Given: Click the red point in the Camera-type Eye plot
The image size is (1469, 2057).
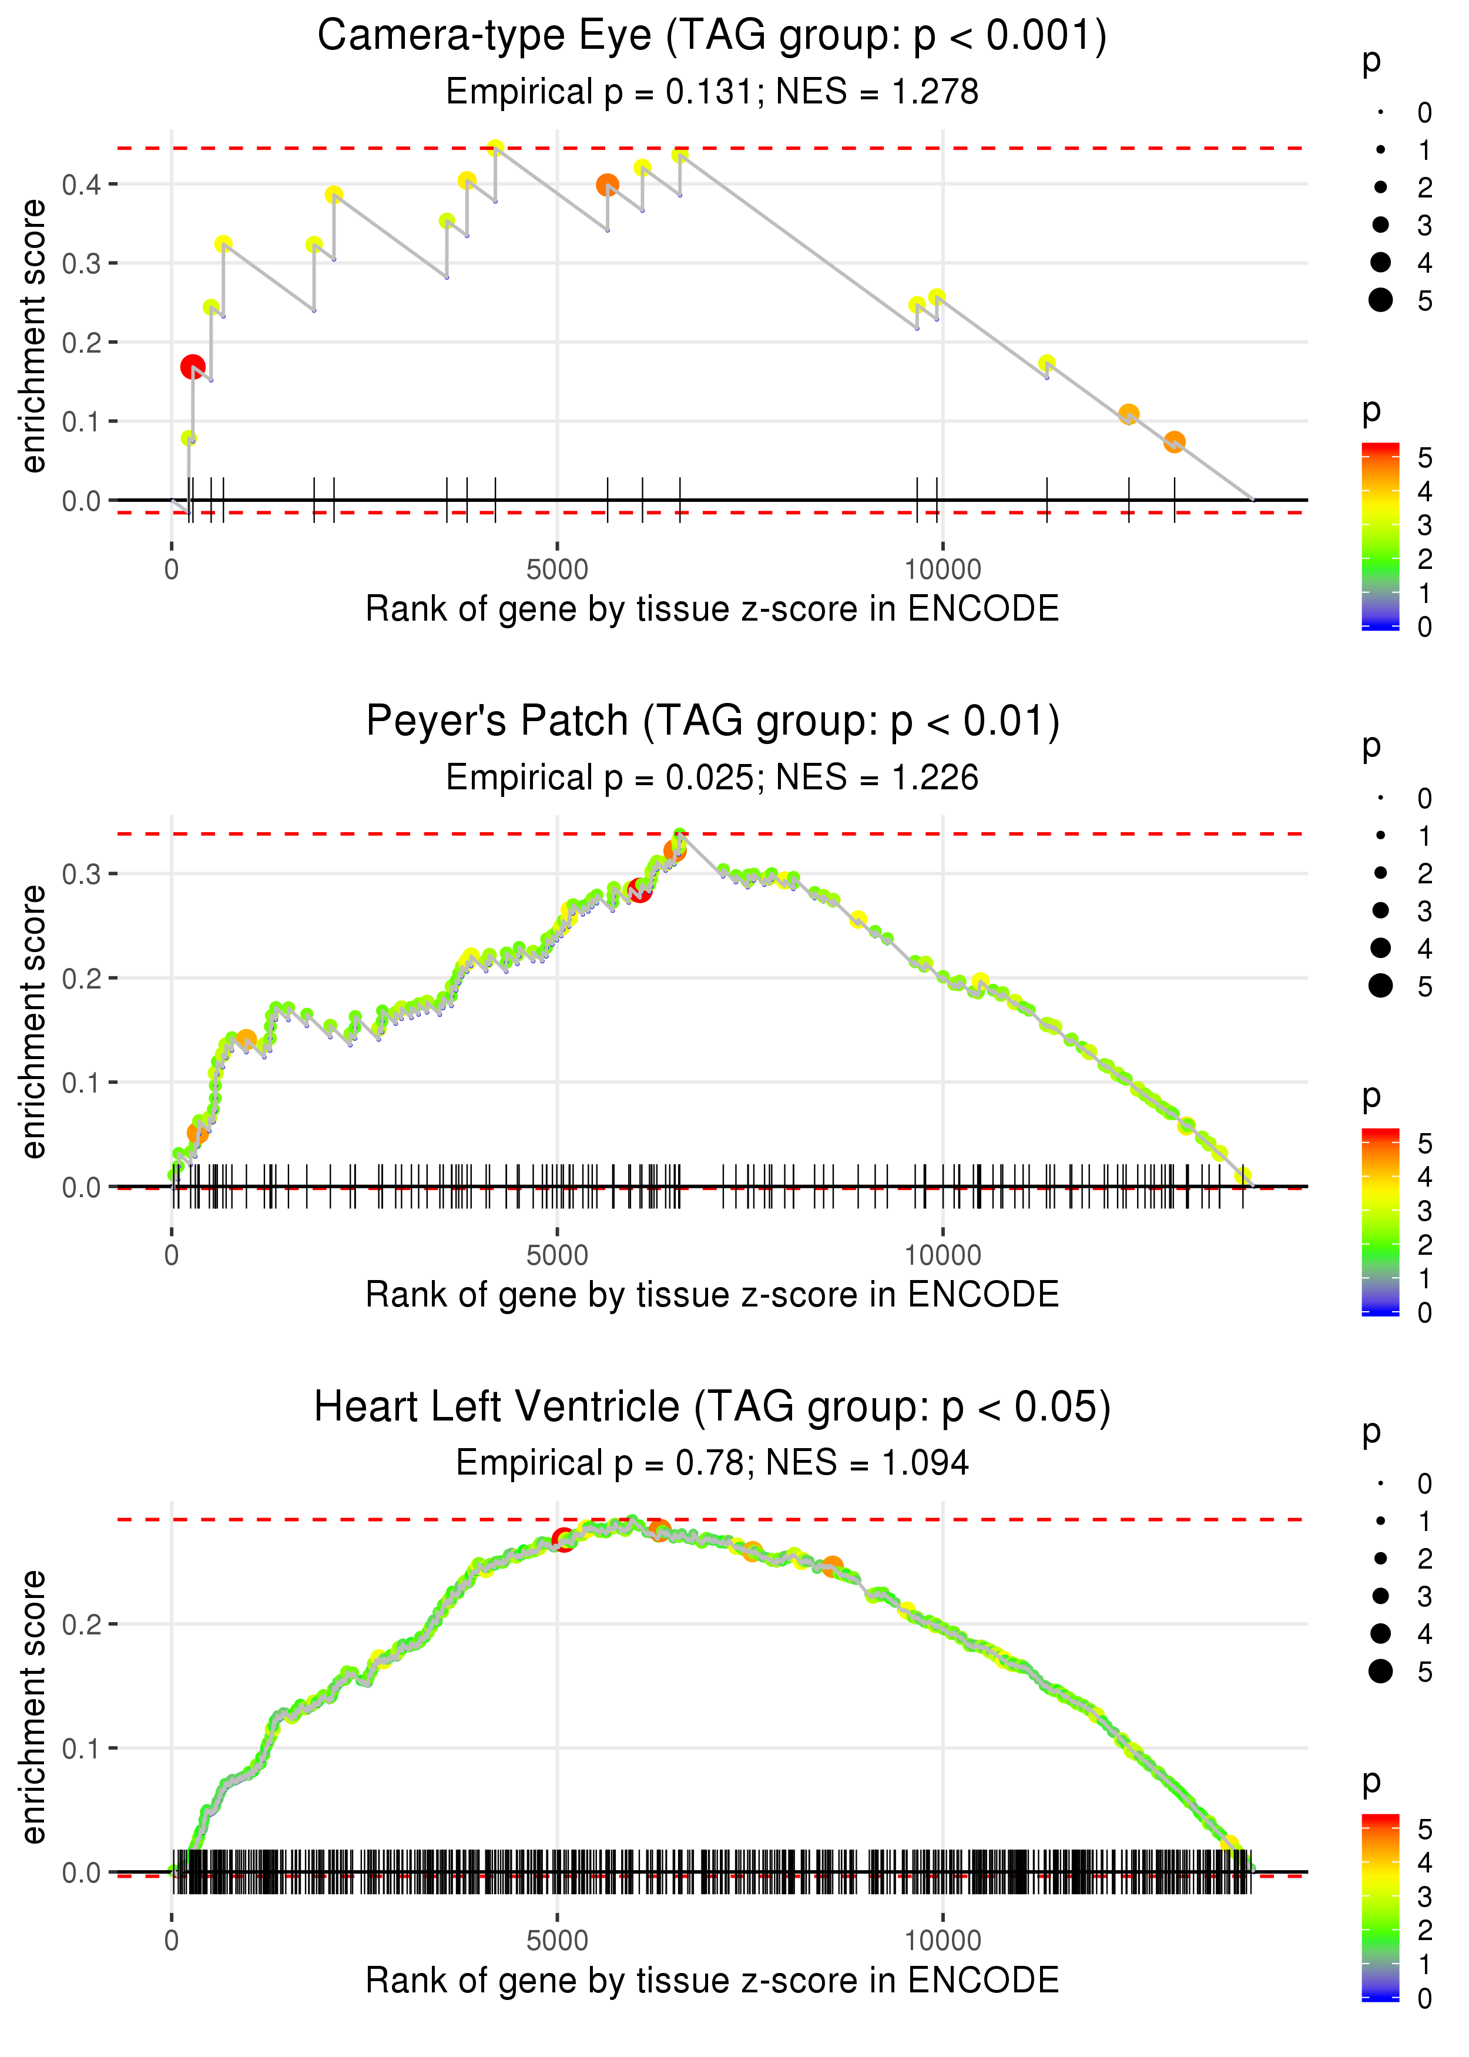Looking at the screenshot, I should [x=192, y=366].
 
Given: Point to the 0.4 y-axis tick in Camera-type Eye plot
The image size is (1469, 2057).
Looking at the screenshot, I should [x=82, y=185].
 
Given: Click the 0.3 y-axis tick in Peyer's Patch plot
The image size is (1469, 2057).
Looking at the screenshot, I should [x=82, y=874].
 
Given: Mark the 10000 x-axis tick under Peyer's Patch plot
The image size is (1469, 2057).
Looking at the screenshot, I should [x=943, y=1255].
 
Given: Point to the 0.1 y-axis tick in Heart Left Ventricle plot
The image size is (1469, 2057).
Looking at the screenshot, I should [x=82, y=1748].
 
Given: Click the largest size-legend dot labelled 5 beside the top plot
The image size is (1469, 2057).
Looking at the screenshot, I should [x=1380, y=299].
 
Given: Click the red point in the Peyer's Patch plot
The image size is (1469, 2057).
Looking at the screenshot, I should [x=639, y=891].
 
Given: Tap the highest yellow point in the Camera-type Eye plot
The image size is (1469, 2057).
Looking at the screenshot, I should [x=495, y=148].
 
